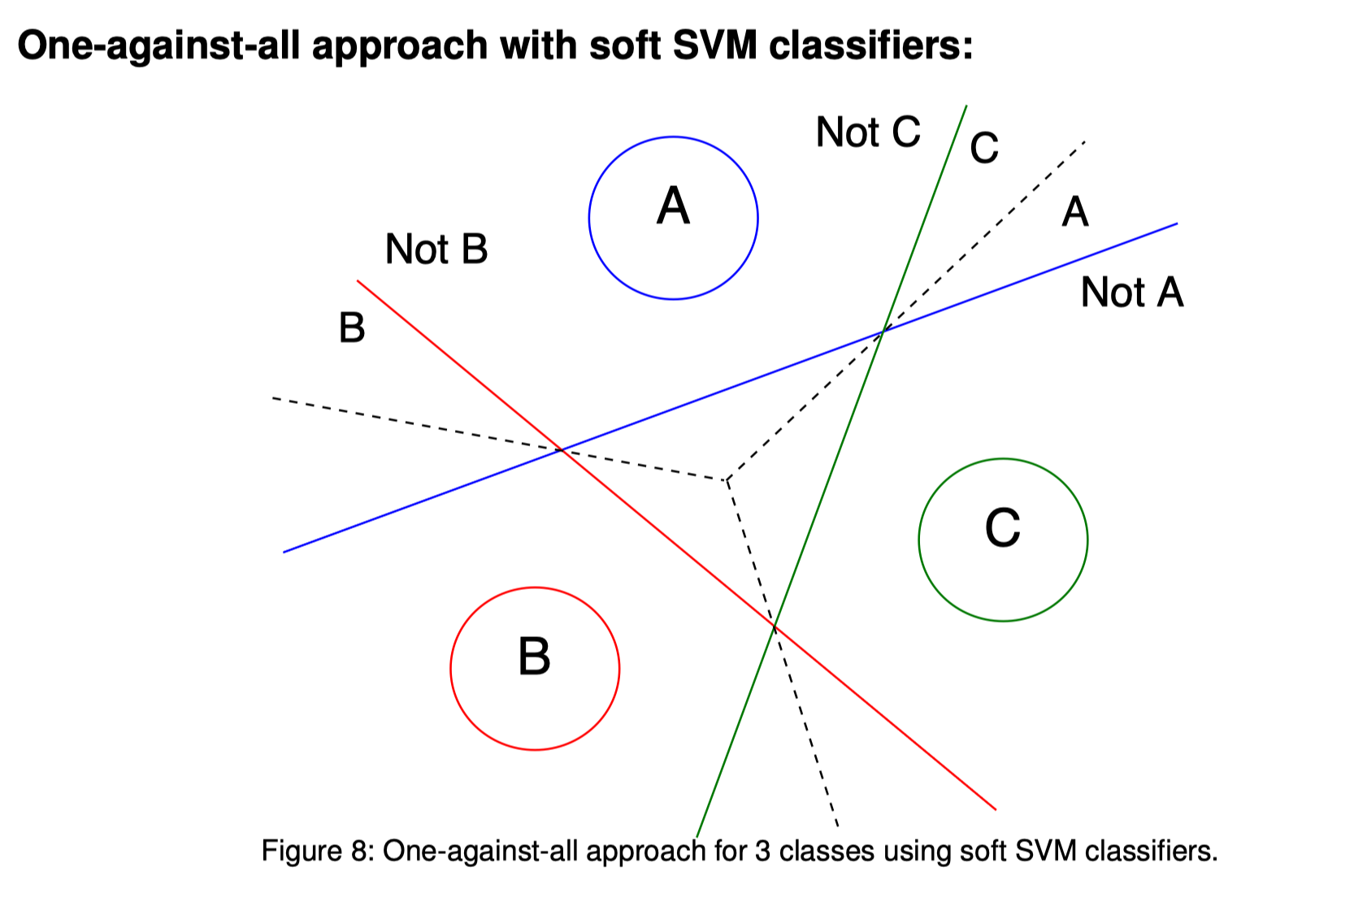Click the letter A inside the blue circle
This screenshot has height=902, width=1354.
[x=673, y=206]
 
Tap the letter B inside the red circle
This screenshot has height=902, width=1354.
[x=534, y=657]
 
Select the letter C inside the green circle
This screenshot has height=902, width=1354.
[x=1002, y=528]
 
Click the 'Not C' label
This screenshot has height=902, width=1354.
[x=868, y=132]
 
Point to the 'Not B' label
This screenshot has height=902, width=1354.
[x=436, y=249]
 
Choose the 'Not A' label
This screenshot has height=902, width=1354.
[x=1131, y=293]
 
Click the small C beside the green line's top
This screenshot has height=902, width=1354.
[x=984, y=149]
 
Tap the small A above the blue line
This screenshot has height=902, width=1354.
[x=1075, y=212]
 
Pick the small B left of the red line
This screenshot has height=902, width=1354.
[x=352, y=328]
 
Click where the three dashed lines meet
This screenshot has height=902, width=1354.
[x=727, y=480]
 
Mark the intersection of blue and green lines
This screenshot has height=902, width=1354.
[x=883, y=330]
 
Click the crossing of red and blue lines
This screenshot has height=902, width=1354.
[x=561, y=449]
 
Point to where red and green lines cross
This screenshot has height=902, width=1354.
[x=775, y=626]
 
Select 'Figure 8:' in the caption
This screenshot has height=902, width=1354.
[x=318, y=851]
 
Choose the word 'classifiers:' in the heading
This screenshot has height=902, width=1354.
[x=870, y=46]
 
